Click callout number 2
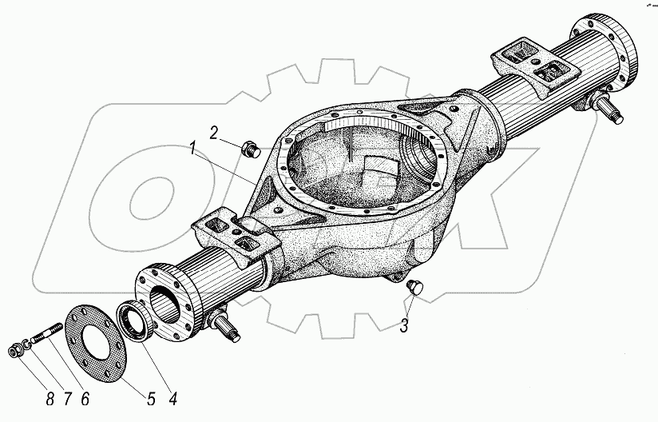[215, 132]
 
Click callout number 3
[405, 325]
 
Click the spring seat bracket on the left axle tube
[233, 233]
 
